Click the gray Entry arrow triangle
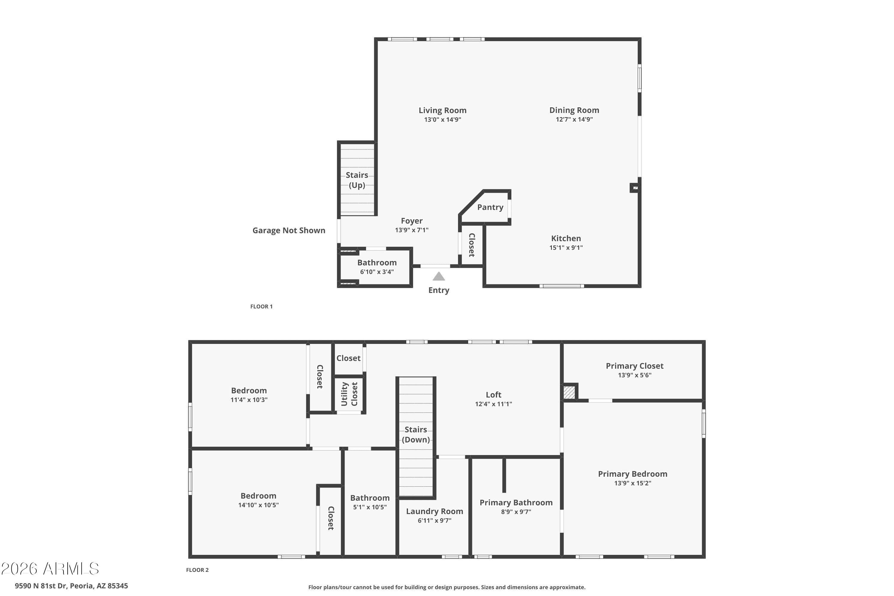pos(439,276)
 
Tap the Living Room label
pos(443,110)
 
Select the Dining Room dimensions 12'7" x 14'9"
pos(574,119)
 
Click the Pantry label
pos(490,207)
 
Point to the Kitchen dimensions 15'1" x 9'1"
pos(566,247)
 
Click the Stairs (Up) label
pos(357,180)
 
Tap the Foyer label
pos(412,221)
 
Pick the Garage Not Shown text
pos(289,230)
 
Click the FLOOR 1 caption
pos(262,306)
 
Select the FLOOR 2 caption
pos(197,570)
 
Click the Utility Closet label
pos(349,394)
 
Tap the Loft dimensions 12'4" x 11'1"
pos(493,404)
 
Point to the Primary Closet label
pos(634,366)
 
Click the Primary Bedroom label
pos(632,474)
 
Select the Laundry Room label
pos(434,512)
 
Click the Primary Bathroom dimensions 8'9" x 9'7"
pos(516,512)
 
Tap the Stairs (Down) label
pos(416,434)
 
